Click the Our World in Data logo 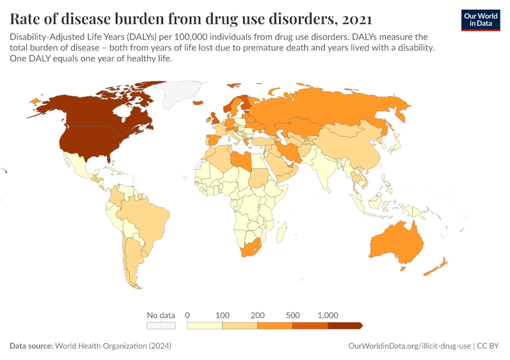pyautogui.click(x=480, y=20)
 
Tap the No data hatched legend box pyautogui.click(x=161, y=325)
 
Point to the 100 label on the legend pyautogui.click(x=223, y=315)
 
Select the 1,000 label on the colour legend pyautogui.click(x=328, y=315)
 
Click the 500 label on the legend pyautogui.click(x=293, y=315)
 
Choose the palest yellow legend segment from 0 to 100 pyautogui.click(x=205, y=325)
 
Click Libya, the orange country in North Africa pyautogui.click(x=242, y=161)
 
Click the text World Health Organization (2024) pyautogui.click(x=113, y=346)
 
